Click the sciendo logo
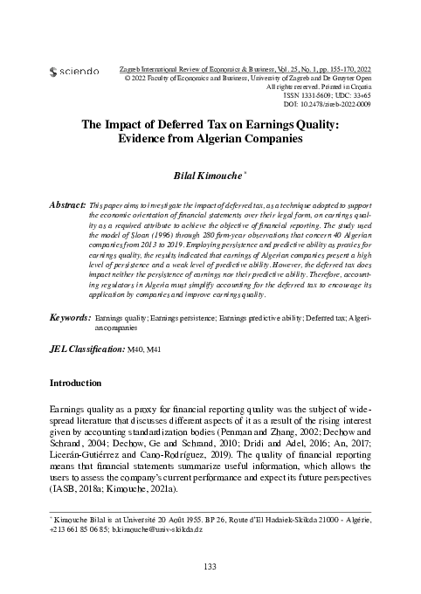tap(76, 70)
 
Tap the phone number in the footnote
tap(71, 529)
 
